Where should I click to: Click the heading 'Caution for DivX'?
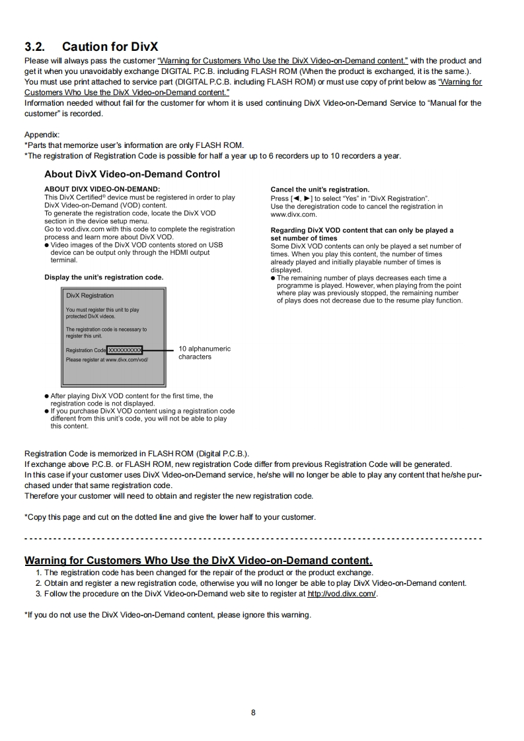[x=110, y=47]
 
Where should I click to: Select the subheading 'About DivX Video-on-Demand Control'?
[x=132, y=174]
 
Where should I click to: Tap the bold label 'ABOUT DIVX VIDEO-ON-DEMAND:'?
[x=102, y=190]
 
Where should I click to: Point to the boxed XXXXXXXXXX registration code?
[x=124, y=350]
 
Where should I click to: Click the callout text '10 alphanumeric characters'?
[x=204, y=353]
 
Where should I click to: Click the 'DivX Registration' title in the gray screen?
[x=89, y=295]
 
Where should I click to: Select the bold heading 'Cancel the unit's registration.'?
[x=320, y=190]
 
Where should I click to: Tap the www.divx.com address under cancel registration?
[x=294, y=215]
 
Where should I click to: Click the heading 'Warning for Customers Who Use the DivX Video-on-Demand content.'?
[x=198, y=561]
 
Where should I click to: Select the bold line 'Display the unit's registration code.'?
[x=104, y=277]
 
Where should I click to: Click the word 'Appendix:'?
[x=42, y=134]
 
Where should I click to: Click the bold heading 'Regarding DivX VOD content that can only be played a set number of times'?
[x=362, y=234]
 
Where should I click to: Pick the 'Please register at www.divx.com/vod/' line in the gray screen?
[x=107, y=360]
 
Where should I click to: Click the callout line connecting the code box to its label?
[x=159, y=350]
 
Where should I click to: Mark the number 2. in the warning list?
[x=39, y=583]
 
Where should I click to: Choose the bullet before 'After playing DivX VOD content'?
[x=46, y=396]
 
